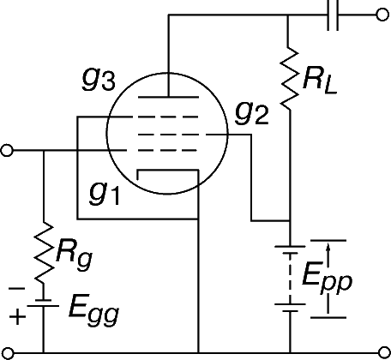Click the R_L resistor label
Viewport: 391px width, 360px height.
click(x=320, y=81)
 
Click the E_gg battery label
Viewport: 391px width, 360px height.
click(x=93, y=310)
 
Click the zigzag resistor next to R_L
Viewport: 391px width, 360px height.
click(x=289, y=78)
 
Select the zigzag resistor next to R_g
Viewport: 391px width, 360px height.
click(x=44, y=252)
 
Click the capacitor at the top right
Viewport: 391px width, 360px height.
click(x=333, y=15)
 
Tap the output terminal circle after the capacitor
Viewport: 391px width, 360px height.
click(x=382, y=15)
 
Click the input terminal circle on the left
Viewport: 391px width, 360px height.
click(x=7, y=150)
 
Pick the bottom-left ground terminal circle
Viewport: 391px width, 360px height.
click(x=7, y=353)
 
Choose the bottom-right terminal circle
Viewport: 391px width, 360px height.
click(x=383, y=353)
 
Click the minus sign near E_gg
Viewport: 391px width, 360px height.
click(x=16, y=289)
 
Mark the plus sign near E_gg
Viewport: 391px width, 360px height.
click(x=17, y=316)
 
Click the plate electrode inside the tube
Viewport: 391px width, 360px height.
click(x=168, y=97)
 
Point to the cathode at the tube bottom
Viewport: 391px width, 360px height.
click(x=168, y=171)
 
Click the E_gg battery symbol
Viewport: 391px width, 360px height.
click(x=44, y=303)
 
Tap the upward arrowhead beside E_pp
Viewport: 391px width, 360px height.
click(x=328, y=248)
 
